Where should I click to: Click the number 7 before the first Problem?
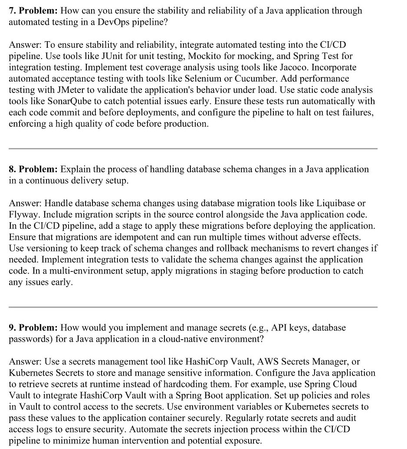[12, 10]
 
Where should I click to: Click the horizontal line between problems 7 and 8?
[193, 149]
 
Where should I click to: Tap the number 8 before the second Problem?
[12, 169]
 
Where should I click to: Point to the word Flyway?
[23, 215]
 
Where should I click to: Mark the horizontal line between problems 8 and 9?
[193, 307]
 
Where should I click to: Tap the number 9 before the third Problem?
[12, 327]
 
